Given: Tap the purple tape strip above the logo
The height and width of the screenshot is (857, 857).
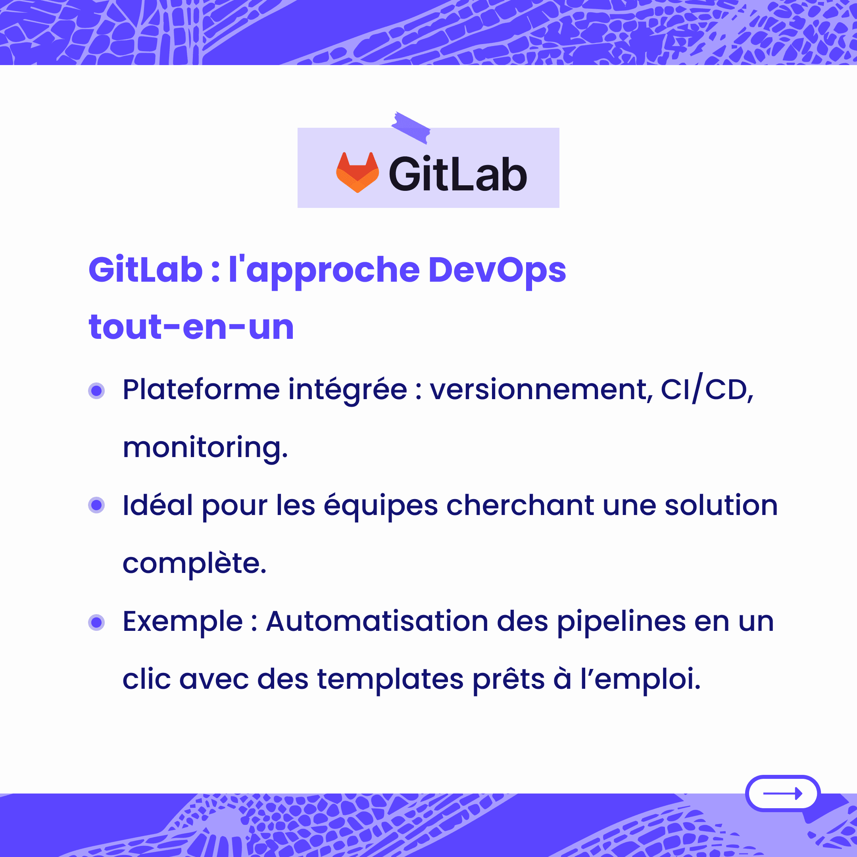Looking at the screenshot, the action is (411, 128).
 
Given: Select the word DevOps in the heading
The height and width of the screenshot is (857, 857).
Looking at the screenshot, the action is (497, 271).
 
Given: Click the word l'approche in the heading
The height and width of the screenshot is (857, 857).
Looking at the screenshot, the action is (324, 271).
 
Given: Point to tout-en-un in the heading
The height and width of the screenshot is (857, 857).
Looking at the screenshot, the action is (191, 327).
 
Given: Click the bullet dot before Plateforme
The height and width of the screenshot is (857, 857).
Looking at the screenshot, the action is (96, 391).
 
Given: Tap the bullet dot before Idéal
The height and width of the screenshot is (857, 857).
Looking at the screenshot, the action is (96, 505).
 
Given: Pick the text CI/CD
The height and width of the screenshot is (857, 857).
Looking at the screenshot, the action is (707, 388).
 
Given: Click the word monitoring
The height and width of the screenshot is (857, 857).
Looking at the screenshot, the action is (206, 448).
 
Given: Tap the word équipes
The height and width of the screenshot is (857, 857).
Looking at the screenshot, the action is (380, 507).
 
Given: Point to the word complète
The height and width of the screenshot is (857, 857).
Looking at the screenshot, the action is (194, 563).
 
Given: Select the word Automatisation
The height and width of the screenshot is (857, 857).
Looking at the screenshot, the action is (377, 621).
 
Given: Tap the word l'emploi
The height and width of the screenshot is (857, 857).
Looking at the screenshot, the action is (640, 680).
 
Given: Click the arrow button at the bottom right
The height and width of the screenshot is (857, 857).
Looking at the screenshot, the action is (783, 793).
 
